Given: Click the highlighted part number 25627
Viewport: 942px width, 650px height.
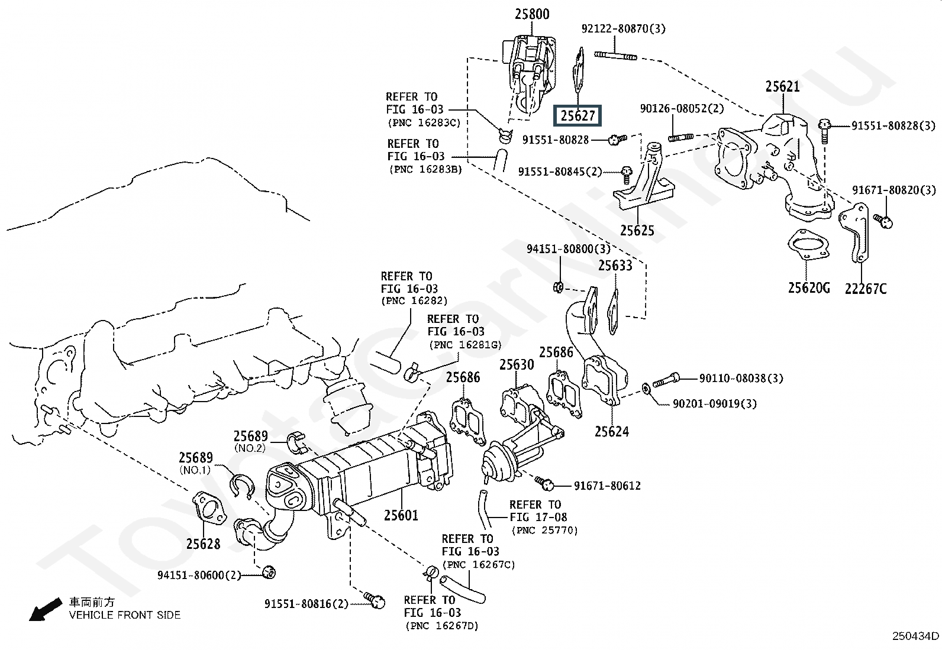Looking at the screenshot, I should coord(577,116).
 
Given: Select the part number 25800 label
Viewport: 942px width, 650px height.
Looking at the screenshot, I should coord(531,14).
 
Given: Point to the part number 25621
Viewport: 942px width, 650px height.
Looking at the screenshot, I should coord(782,86).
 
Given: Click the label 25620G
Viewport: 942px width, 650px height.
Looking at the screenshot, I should coord(809,288).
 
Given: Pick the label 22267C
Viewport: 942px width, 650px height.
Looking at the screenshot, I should coord(866,289).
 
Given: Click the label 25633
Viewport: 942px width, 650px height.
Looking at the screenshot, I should coord(615,266).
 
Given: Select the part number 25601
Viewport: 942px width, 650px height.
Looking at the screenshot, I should coord(401,516).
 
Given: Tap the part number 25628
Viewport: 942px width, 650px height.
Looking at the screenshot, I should coord(203,544).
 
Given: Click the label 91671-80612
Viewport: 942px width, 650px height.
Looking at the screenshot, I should coord(607,486).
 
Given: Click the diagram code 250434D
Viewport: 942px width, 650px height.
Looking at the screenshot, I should coord(915,636).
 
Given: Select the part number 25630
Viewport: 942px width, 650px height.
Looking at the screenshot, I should coord(517,365).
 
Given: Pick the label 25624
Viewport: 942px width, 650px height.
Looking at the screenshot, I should coord(612,431).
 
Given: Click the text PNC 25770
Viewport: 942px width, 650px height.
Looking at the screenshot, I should coord(544,531).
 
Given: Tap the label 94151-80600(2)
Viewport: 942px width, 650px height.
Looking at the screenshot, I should coord(199,575).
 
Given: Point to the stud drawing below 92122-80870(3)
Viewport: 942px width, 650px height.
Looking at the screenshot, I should coord(615,57).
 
